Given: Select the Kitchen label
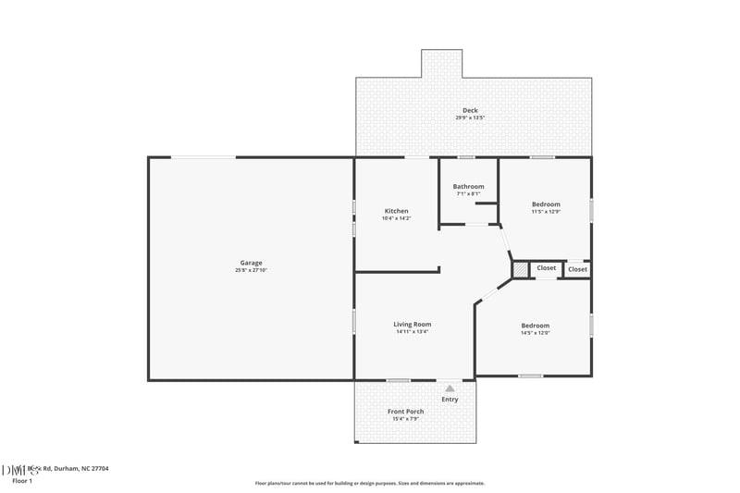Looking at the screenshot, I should [395, 211].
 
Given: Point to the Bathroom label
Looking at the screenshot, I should [468, 186].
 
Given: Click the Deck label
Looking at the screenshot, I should [470, 110].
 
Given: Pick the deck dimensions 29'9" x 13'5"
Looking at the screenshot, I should [470, 117].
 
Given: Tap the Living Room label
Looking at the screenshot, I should [413, 324].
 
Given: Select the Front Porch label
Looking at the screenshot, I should [405, 411].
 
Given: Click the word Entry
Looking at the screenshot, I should [450, 400].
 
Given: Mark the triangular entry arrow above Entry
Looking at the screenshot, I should [450, 389].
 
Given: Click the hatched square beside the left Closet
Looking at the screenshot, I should [522, 268].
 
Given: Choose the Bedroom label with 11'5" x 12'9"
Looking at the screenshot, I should [546, 203].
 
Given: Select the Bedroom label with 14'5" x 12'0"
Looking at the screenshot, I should [535, 325].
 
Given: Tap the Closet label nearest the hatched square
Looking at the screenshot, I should [547, 268].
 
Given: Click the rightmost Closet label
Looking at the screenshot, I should [577, 269].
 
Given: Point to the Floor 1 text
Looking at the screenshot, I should [22, 481].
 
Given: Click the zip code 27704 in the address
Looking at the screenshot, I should [99, 469].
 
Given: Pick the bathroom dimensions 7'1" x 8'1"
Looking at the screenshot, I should [468, 193].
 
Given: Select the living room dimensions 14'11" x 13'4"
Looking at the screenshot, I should [413, 331].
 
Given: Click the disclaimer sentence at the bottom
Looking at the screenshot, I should [370, 483].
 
